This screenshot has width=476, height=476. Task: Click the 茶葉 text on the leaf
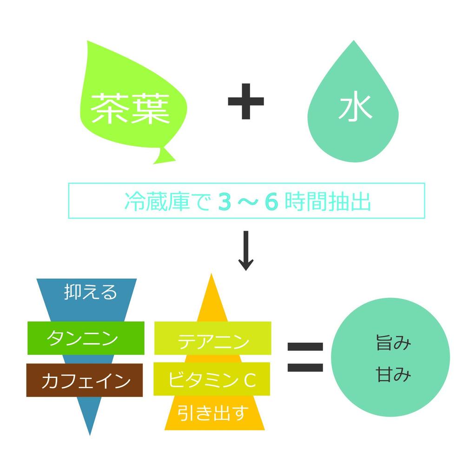coord(130,108)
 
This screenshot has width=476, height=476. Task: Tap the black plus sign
coord(246,101)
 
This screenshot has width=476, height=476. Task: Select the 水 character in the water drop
coord(355,108)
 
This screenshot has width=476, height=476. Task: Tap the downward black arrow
coord(246,251)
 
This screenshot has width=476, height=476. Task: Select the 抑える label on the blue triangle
coord(90,293)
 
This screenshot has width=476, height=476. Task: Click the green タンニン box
coord(86,338)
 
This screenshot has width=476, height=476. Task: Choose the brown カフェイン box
coord(85,381)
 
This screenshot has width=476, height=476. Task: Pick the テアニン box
coord(212,342)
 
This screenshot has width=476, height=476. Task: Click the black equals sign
coord(305,357)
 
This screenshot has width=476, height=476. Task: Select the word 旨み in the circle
coord(393,344)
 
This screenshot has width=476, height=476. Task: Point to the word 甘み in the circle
coord(393,375)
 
